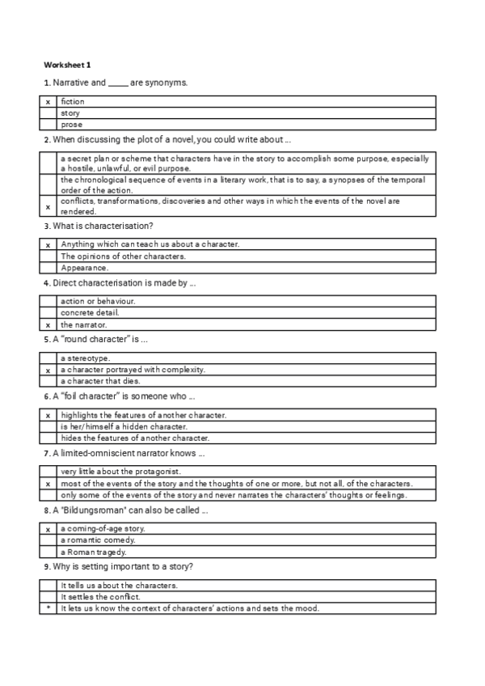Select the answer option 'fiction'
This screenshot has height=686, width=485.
[x=73, y=102]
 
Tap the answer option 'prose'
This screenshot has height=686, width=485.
[x=71, y=125]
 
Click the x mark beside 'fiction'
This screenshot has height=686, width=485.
[x=48, y=102]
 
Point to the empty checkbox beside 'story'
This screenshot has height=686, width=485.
[x=48, y=113]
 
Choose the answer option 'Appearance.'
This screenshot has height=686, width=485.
[x=84, y=268]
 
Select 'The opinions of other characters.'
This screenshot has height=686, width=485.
[x=123, y=256]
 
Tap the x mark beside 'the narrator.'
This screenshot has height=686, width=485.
[x=48, y=324]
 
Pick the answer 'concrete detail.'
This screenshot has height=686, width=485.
[x=90, y=313]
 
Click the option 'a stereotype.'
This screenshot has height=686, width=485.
[x=86, y=358]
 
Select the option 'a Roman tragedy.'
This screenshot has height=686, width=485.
[x=93, y=551]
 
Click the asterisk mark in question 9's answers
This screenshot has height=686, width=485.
[x=48, y=608]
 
